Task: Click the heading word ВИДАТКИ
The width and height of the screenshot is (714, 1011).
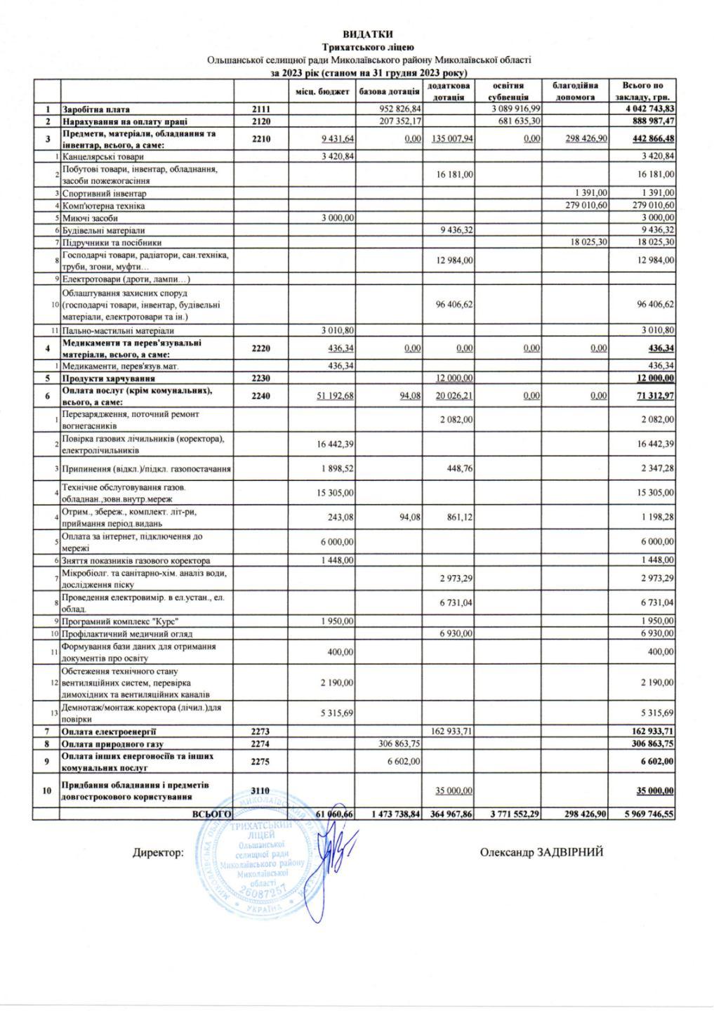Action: pos(368,34)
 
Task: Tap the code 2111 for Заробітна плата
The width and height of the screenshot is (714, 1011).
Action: pos(261,110)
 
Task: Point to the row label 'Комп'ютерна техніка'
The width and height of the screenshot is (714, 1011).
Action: pos(104,206)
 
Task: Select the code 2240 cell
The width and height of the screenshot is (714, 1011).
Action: pos(261,396)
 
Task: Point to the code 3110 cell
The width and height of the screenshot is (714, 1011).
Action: pos(261,790)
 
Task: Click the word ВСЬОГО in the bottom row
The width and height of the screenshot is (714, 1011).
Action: pos(212,813)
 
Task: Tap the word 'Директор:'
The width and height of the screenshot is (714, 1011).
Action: pos(159,853)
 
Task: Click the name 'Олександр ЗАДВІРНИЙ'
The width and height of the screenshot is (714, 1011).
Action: pos(541,852)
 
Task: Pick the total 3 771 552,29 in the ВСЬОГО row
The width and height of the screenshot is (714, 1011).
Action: pos(509,813)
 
